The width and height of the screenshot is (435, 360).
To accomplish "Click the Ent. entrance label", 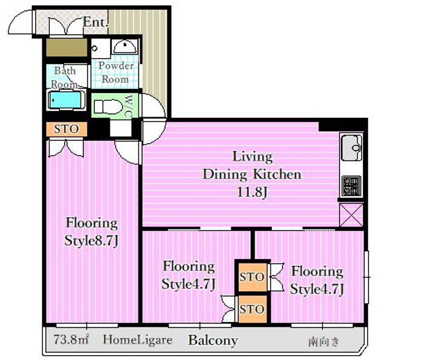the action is (x=95, y=22).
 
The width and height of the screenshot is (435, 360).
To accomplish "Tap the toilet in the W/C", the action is (x=108, y=107).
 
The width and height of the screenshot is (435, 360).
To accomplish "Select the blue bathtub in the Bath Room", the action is (x=66, y=100).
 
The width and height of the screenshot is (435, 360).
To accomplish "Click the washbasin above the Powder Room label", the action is (x=125, y=47).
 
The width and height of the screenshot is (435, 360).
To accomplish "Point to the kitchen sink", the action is (x=352, y=147).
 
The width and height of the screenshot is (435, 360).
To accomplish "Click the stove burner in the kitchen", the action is (x=352, y=185).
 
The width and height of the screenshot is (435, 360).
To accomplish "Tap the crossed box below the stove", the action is (x=351, y=215).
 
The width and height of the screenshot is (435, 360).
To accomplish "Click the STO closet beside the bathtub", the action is (x=66, y=129).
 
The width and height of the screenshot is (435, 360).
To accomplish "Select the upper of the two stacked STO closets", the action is (x=252, y=277).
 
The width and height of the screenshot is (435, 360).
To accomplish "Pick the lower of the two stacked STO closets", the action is (x=252, y=309).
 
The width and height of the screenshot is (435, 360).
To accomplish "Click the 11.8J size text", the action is (x=252, y=191).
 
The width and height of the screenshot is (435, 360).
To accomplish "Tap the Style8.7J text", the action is (x=92, y=240).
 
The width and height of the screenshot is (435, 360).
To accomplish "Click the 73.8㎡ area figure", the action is (x=71, y=339).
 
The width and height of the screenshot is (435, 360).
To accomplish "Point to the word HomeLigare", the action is (x=138, y=339).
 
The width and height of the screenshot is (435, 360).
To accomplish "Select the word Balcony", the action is (x=213, y=340).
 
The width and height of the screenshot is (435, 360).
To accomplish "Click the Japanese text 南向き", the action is (x=324, y=341).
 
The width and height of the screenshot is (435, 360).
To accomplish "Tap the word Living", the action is (x=253, y=157).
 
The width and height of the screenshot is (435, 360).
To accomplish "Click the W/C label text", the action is (x=129, y=106).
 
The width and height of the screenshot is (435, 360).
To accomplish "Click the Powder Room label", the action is (x=115, y=72).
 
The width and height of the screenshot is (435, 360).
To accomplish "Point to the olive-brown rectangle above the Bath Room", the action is (x=66, y=48).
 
